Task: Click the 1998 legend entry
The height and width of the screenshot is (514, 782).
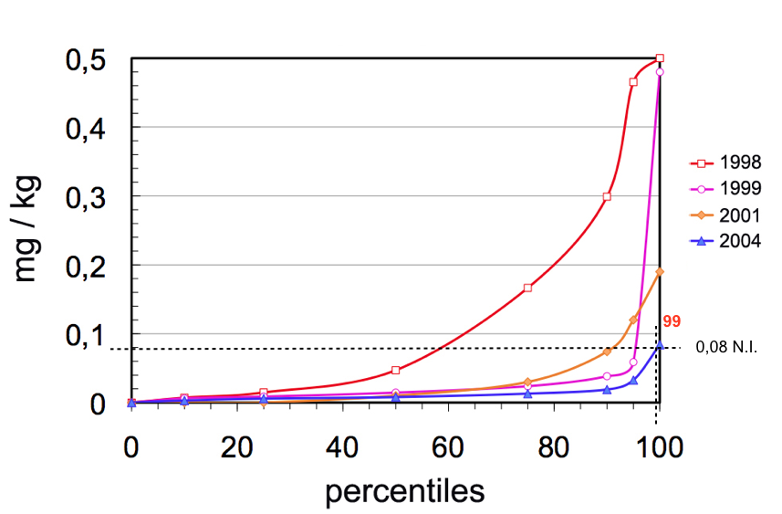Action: [x=725, y=163]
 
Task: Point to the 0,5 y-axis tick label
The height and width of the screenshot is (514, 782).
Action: [x=85, y=60]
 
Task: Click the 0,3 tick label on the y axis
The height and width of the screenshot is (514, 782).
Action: [x=85, y=197]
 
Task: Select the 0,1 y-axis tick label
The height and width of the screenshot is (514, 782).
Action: [x=85, y=335]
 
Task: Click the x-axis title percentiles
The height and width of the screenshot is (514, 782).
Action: [x=404, y=490]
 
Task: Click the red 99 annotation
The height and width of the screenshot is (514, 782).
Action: [x=672, y=321]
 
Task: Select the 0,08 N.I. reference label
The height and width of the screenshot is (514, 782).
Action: [x=726, y=347]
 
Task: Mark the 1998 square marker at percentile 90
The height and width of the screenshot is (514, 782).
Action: [x=606, y=197]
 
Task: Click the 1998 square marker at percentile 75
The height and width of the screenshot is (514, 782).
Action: [x=527, y=288]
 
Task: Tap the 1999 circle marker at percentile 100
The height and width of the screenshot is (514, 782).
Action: [x=660, y=72]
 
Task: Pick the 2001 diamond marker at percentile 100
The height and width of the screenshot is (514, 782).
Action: [x=660, y=272]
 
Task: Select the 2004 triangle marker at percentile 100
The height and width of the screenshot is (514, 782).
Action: [x=660, y=345]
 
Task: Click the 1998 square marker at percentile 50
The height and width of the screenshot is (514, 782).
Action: [x=396, y=370]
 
